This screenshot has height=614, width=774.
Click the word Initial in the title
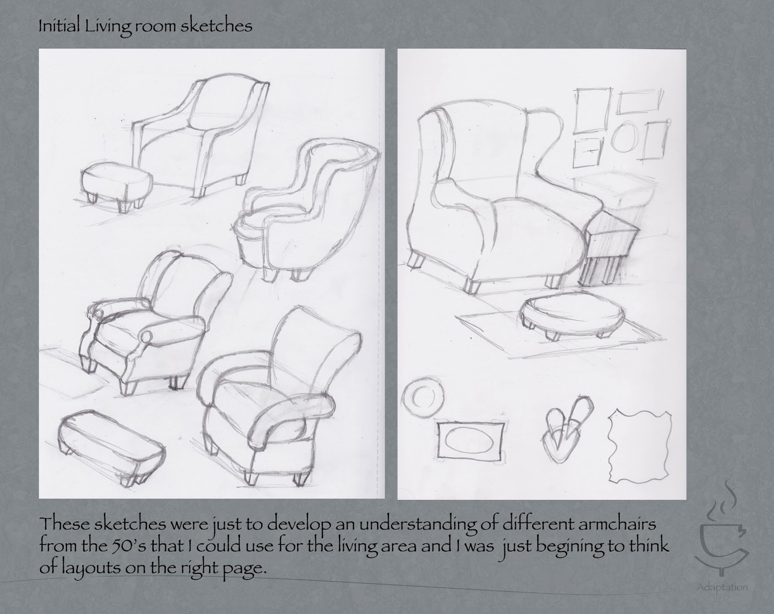click(59, 26)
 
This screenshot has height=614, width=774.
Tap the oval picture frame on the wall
click(624, 136)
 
